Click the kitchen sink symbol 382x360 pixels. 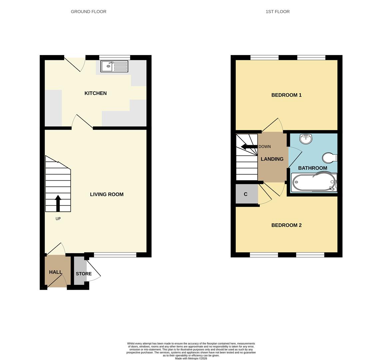[114, 66]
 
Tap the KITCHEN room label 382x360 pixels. [96, 93]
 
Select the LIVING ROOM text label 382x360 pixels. [107, 194]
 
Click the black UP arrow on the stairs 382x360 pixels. [58, 203]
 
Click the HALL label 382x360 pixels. [55, 272]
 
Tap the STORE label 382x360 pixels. [84, 274]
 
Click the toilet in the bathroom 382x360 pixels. [330, 158]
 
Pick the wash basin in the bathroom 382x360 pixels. [305, 138]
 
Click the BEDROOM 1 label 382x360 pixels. [286, 95]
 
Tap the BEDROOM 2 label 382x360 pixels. [286, 225]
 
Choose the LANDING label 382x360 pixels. [272, 159]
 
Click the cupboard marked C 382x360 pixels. [246, 194]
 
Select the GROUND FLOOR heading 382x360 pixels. [89, 12]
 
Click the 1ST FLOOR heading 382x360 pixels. [277, 12]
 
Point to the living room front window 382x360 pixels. [115, 255]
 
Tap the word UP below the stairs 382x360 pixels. [58, 219]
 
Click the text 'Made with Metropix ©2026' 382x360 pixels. [191, 358]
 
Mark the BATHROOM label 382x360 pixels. [312, 168]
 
